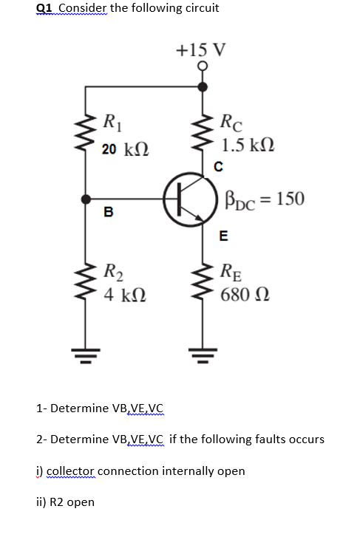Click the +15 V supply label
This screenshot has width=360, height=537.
[x=202, y=50]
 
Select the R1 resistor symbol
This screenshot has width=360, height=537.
[x=86, y=133]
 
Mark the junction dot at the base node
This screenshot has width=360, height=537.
[x=87, y=199]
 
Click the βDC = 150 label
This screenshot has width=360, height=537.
[x=262, y=198]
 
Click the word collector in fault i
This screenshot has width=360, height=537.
[x=69, y=471]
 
